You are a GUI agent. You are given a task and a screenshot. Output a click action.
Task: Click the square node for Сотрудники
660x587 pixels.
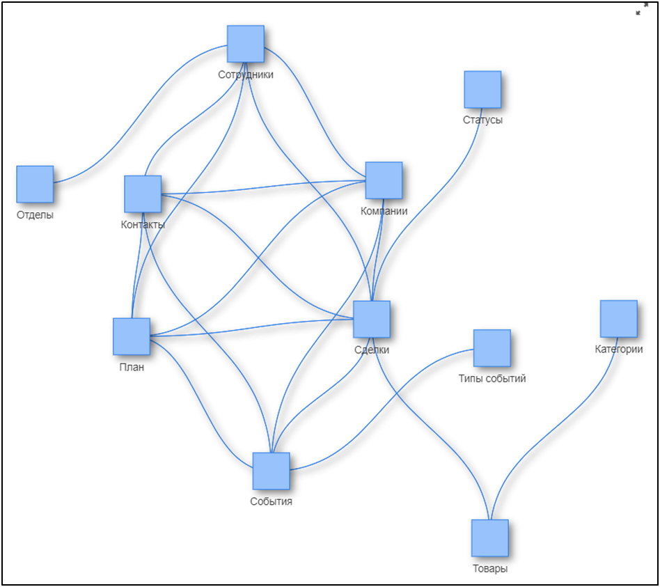tap(246, 44)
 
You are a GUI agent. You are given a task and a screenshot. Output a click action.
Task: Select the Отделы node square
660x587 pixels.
tap(35, 184)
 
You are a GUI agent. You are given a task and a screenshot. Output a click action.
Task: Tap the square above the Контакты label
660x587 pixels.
tap(143, 194)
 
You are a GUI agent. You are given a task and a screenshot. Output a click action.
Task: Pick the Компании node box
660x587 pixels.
tap(384, 180)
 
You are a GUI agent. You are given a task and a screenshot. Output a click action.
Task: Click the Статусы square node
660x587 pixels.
tap(482, 89)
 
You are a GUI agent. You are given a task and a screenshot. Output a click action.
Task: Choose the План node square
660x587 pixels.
tap(132, 336)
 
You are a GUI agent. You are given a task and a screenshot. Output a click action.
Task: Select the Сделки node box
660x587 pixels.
tap(372, 319)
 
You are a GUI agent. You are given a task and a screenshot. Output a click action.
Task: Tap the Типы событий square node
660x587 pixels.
tap(492, 347)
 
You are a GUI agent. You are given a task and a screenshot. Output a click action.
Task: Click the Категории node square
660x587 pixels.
tap(619, 318)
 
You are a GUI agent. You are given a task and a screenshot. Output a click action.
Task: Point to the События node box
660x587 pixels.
tap(271, 471)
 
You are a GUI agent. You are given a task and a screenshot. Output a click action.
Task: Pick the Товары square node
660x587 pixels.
tap(489, 538)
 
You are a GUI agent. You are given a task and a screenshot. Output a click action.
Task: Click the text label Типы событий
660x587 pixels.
tap(492, 379)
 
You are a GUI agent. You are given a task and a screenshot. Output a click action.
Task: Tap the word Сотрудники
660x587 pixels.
tap(246, 75)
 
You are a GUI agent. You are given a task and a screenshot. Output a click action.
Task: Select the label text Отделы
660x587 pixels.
tap(35, 214)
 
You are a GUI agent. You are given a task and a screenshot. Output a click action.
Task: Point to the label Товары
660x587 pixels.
tap(490, 569)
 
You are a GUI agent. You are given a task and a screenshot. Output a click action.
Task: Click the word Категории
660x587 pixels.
tap(619, 349)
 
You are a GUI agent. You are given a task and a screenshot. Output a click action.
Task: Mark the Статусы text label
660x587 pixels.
tap(482, 120)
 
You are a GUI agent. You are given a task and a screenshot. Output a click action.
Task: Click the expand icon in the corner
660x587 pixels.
tap(642, 9)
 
